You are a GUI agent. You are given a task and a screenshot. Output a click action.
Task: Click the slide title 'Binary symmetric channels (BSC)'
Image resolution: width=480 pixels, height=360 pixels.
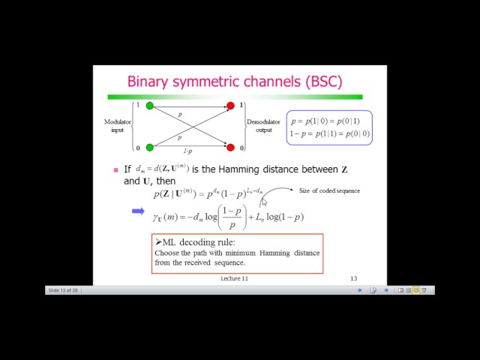234,81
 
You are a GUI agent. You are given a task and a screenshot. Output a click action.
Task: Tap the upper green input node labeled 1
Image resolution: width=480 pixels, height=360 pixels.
149,106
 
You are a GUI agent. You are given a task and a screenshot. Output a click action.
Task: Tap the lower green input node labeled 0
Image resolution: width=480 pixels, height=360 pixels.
149,147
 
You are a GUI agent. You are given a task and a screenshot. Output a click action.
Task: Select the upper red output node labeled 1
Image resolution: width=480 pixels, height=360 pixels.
230,106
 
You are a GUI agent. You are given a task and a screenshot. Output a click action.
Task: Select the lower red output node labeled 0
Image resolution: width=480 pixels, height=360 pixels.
230,147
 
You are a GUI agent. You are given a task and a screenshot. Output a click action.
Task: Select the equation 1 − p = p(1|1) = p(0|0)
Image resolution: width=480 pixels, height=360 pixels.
329,134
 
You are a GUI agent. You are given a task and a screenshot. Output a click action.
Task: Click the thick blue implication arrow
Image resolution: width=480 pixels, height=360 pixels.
138,211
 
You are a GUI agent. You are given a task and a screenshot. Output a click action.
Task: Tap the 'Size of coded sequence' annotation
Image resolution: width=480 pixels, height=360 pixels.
329,190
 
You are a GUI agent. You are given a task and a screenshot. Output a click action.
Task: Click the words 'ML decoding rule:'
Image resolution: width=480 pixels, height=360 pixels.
197,242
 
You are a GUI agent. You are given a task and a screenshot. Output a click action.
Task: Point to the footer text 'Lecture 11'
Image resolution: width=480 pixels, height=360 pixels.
234,278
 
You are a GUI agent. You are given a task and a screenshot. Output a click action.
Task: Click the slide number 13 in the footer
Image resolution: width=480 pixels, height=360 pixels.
353,278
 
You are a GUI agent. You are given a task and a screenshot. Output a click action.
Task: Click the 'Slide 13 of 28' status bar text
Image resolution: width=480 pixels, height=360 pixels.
62,290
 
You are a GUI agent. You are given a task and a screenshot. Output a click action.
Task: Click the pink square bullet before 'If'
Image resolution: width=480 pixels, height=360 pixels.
115,170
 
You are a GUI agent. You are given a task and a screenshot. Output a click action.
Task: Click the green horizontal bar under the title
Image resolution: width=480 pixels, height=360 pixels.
234,97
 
